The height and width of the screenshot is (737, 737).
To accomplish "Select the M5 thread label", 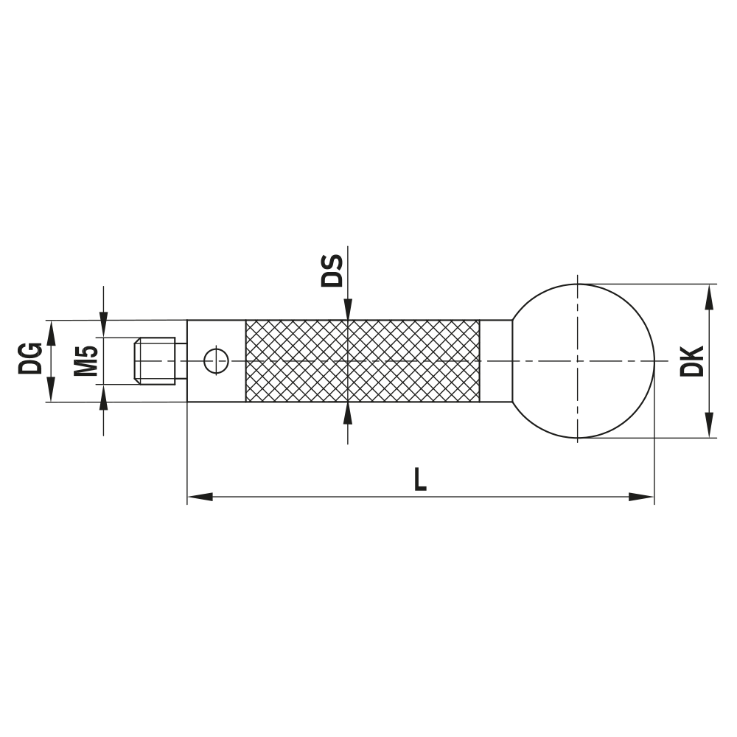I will click(x=86, y=360).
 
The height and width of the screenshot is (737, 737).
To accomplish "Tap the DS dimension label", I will click(x=332, y=270).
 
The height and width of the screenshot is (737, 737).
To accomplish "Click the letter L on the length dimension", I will click(x=419, y=480).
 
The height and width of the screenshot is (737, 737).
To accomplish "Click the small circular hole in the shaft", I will click(x=216, y=360).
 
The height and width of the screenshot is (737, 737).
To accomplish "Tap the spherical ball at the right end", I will click(x=582, y=360).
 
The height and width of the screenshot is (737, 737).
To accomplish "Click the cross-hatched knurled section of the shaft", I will click(x=362, y=360).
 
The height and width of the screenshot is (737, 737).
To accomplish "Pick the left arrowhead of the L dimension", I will click(x=200, y=497).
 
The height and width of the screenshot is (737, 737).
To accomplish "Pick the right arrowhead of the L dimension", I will click(x=641, y=497).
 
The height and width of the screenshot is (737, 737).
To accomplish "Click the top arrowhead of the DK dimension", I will click(x=709, y=296).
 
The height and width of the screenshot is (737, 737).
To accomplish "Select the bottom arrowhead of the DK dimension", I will click(x=709, y=425).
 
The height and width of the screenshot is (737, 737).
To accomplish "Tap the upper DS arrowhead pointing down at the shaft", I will click(x=347, y=309).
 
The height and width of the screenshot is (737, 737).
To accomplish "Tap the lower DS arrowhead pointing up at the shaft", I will click(x=347, y=413).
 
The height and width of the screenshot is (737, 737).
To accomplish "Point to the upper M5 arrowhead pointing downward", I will click(x=103, y=325).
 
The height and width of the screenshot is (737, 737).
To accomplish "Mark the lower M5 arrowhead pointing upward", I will click(x=103, y=397).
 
